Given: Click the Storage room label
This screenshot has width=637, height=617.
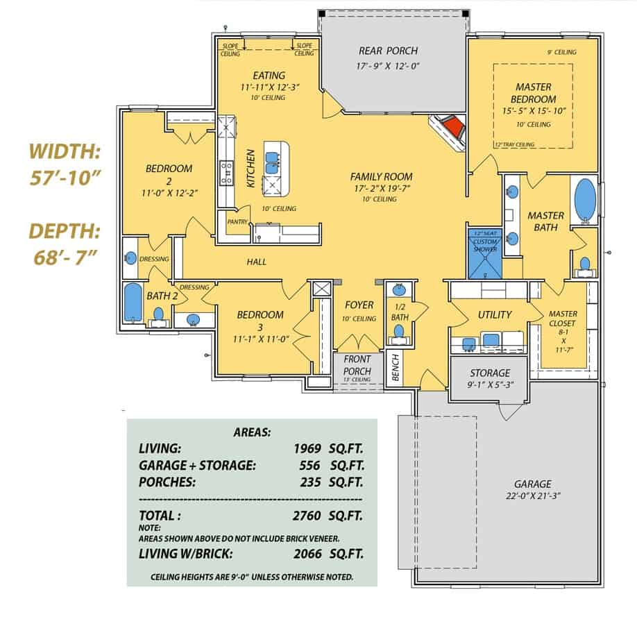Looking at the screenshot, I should [x=490, y=373].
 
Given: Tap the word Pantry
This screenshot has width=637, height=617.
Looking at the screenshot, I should [x=237, y=221].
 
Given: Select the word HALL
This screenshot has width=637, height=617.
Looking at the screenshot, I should [x=257, y=262].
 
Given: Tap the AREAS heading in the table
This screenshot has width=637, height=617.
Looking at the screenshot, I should [x=251, y=431].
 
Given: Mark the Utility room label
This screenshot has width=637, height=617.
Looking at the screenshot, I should [x=494, y=314].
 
